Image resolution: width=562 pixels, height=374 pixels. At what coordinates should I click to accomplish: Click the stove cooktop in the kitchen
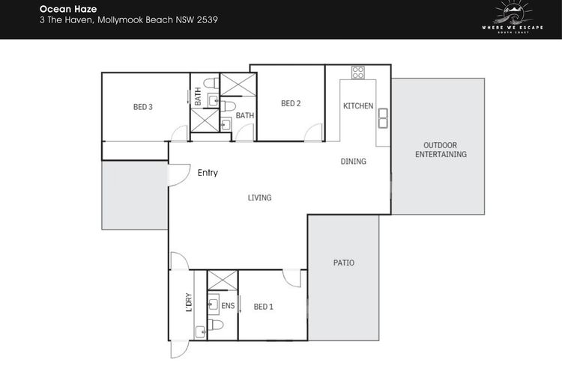coord(358,73)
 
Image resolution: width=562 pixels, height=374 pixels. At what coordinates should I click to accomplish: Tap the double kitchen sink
coord(383,118)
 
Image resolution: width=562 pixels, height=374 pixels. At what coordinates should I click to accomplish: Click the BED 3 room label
coord(143,107)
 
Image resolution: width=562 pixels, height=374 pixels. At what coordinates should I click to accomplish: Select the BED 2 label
coord(291,103)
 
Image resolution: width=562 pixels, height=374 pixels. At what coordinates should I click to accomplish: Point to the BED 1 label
coord(264,307)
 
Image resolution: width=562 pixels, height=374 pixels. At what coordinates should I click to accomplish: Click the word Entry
coord(208,173)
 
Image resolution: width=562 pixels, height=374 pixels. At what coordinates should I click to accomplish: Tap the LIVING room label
coord(259,197)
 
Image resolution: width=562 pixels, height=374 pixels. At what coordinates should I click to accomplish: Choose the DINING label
coord(354,162)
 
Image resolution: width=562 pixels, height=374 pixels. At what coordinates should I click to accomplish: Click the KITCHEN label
coord(358,106)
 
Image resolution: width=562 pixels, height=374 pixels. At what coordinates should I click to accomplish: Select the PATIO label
coord(344,263)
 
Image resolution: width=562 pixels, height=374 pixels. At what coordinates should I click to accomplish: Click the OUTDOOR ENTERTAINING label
coord(441,150)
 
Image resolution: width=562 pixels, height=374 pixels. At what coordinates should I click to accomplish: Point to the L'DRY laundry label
coord(189,302)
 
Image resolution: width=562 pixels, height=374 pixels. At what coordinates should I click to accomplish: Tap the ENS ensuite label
coord(228,306)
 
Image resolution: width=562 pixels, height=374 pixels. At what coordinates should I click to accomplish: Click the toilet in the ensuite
coord(215,325)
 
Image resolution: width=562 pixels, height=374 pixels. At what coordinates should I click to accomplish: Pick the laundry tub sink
coord(200,332)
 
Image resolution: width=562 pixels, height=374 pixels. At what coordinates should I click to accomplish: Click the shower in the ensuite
coord(223,280)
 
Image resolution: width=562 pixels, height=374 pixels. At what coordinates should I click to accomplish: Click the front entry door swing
coord(179,175)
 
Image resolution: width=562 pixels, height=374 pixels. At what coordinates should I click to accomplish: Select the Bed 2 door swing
coord(313,132)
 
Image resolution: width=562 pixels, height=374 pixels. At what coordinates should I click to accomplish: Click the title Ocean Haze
coord(68,9)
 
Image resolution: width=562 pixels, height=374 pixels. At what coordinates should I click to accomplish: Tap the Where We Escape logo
coord(513,17)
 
